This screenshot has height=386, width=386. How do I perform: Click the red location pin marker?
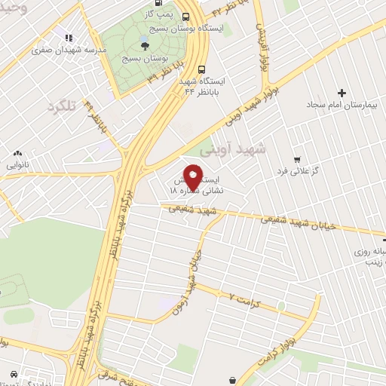193,177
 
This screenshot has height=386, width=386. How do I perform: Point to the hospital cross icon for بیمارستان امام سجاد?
342,93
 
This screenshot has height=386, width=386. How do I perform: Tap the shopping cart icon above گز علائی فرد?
298,159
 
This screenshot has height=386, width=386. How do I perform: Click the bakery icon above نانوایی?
17,153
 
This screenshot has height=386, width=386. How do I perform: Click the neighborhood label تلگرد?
62,106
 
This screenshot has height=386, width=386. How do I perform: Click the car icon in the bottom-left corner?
14,373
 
